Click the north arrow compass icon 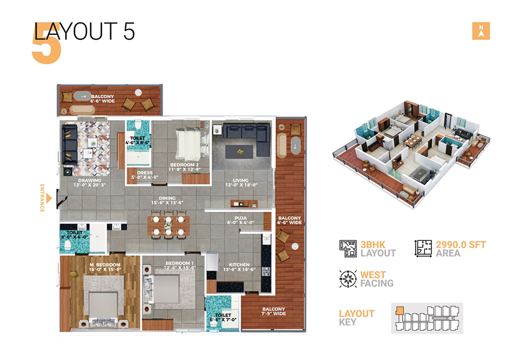tap(480, 31)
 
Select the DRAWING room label tap(90, 183)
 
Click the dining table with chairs tap(168, 226)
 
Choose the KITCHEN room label tap(239, 267)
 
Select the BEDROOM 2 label tap(185, 167)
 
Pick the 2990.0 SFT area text tap(461, 245)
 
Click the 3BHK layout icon tap(348, 248)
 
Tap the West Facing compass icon tap(348, 279)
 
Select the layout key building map tap(427, 318)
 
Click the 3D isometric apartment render tap(407, 153)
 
